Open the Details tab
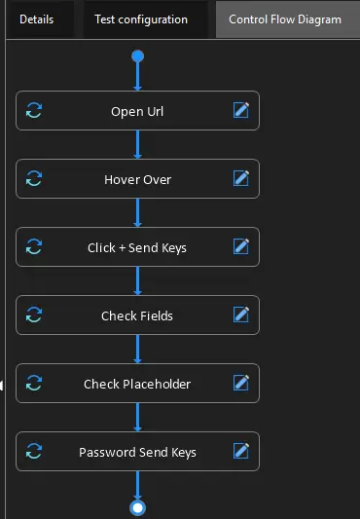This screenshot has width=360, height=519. (36, 19)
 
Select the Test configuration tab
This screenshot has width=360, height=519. (141, 19)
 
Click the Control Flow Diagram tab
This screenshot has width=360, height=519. (285, 19)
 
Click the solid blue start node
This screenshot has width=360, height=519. (137, 56)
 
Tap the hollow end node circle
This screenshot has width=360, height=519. (137, 507)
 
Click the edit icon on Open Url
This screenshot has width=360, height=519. (241, 111)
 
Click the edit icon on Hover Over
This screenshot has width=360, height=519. (241, 179)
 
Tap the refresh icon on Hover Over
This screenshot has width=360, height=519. (34, 179)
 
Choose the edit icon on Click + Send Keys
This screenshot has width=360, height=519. (241, 247)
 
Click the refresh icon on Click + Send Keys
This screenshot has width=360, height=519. (34, 247)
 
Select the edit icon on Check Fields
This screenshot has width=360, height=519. (241, 315)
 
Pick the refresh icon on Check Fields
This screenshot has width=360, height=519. (34, 315)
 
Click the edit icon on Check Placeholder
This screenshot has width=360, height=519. (241, 384)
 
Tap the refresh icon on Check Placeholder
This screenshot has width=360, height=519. (34, 384)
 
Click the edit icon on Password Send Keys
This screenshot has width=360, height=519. (241, 452)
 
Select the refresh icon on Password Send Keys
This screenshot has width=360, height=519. (34, 452)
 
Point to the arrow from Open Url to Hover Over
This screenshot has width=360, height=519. (137, 144)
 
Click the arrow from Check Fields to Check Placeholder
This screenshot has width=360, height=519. (137, 349)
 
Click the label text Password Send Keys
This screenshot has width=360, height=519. (137, 452)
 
